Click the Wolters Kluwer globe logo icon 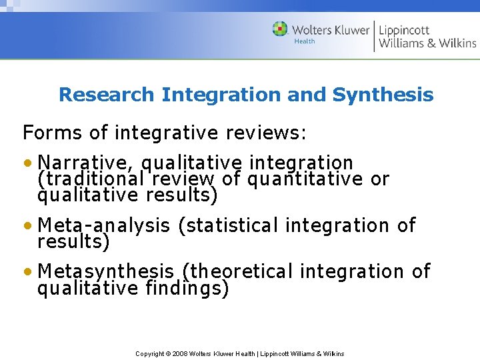click(281, 29)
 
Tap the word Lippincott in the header click(405, 30)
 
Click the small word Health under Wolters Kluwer click(305, 41)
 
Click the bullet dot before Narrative click(27, 163)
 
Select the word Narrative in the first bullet click(87, 163)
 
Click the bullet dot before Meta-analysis click(27, 226)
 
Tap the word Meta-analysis click(104, 225)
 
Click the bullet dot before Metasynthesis click(27, 272)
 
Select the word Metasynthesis click(106, 271)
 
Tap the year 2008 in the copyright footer click(180, 353)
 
